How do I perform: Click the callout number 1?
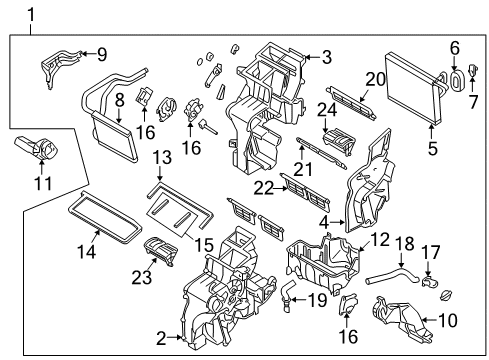point(32,13)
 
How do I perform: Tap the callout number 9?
point(100,54)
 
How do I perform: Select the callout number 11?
point(41,185)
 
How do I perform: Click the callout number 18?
point(405,243)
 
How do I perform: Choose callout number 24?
point(326,111)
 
